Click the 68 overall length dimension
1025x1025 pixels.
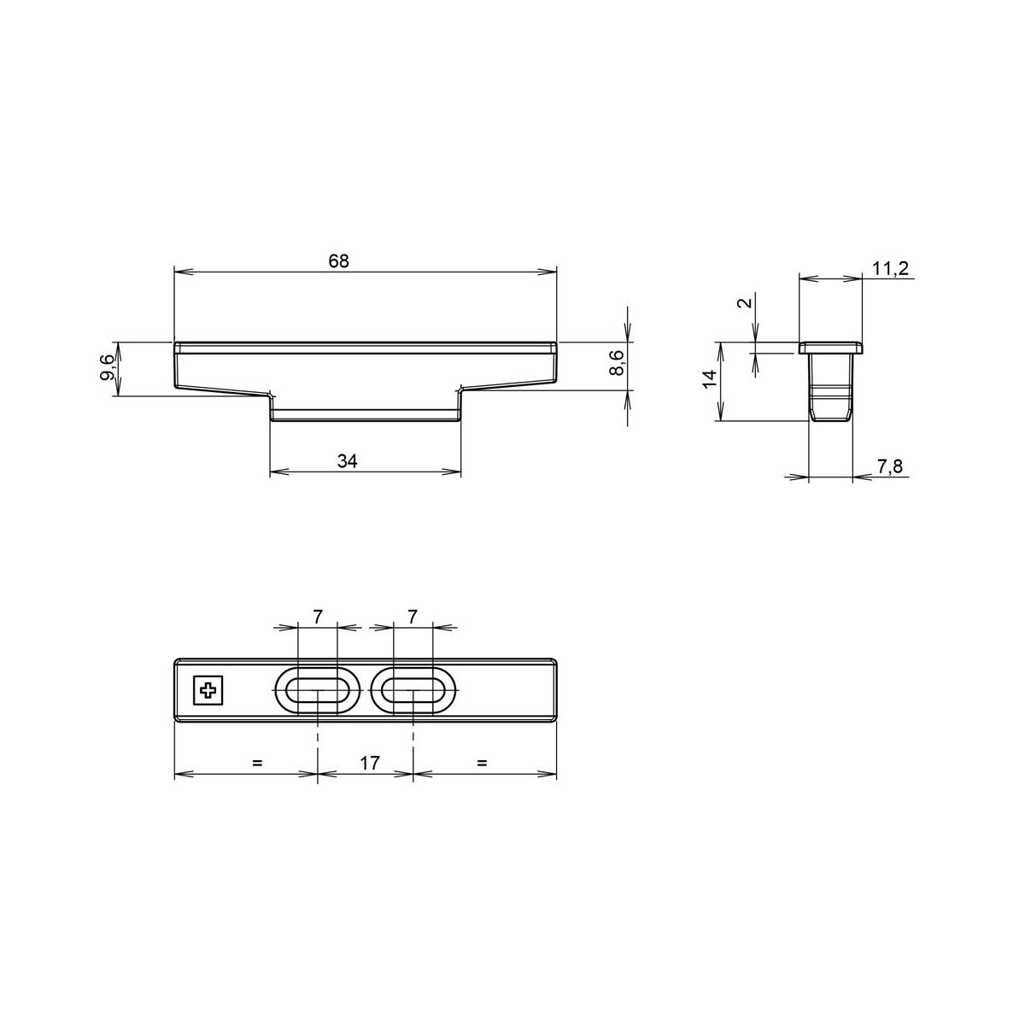point(338,261)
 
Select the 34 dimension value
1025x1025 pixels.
point(347,460)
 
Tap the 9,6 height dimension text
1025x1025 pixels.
point(108,368)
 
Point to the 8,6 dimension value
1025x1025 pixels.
point(617,363)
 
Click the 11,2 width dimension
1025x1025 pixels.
point(890,268)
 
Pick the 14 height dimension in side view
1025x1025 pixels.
point(709,379)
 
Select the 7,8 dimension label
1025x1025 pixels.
point(890,466)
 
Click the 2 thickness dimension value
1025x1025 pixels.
point(747,302)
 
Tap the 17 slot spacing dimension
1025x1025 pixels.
point(370,763)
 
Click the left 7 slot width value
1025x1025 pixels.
point(317,617)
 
